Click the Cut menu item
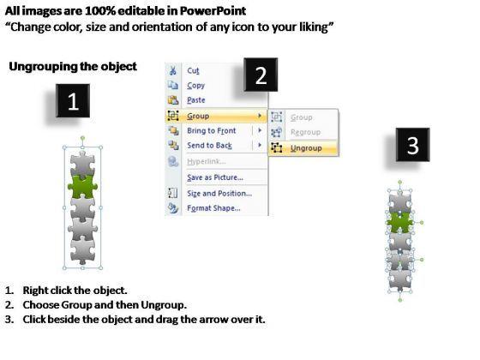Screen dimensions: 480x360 [193, 70]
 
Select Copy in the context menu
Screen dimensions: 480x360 [196, 86]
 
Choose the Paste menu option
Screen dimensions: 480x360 [196, 100]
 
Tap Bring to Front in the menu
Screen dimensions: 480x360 [212, 130]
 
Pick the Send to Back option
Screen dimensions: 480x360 [210, 146]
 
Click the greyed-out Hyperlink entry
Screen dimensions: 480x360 [207, 161]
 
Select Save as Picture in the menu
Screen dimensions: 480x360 [215, 177]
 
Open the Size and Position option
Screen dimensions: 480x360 [219, 194]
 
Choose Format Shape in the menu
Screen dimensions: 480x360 [213, 208]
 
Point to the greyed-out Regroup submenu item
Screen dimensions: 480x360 [305, 132]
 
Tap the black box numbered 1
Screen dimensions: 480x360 [73, 101]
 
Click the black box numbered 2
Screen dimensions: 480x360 [261, 75]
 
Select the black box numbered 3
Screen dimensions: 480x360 [412, 145]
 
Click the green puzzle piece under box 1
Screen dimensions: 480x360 [82, 186]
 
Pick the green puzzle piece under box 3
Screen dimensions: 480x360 [399, 222]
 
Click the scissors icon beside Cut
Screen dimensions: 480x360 [173, 70]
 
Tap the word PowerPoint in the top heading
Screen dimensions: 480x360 [213, 11]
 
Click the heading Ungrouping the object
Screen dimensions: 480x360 [73, 67]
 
